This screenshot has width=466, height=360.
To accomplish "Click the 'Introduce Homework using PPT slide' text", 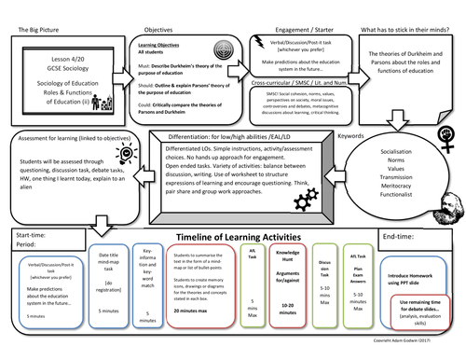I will click(x=414, y=301).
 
